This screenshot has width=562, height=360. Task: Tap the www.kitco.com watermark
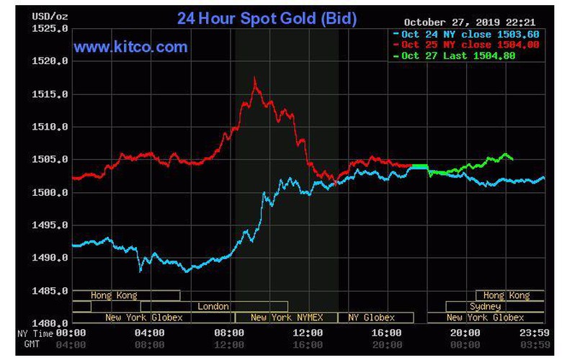click(x=130, y=48)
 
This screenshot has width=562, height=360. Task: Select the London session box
click(x=213, y=306)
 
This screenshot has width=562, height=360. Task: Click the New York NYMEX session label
click(x=287, y=317)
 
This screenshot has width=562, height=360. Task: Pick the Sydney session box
click(x=484, y=306)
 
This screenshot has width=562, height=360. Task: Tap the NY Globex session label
click(x=371, y=317)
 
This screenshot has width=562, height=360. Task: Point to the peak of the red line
click(x=254, y=78)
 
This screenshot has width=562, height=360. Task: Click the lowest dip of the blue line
click(x=140, y=271)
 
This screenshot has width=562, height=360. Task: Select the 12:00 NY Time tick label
click(x=308, y=333)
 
